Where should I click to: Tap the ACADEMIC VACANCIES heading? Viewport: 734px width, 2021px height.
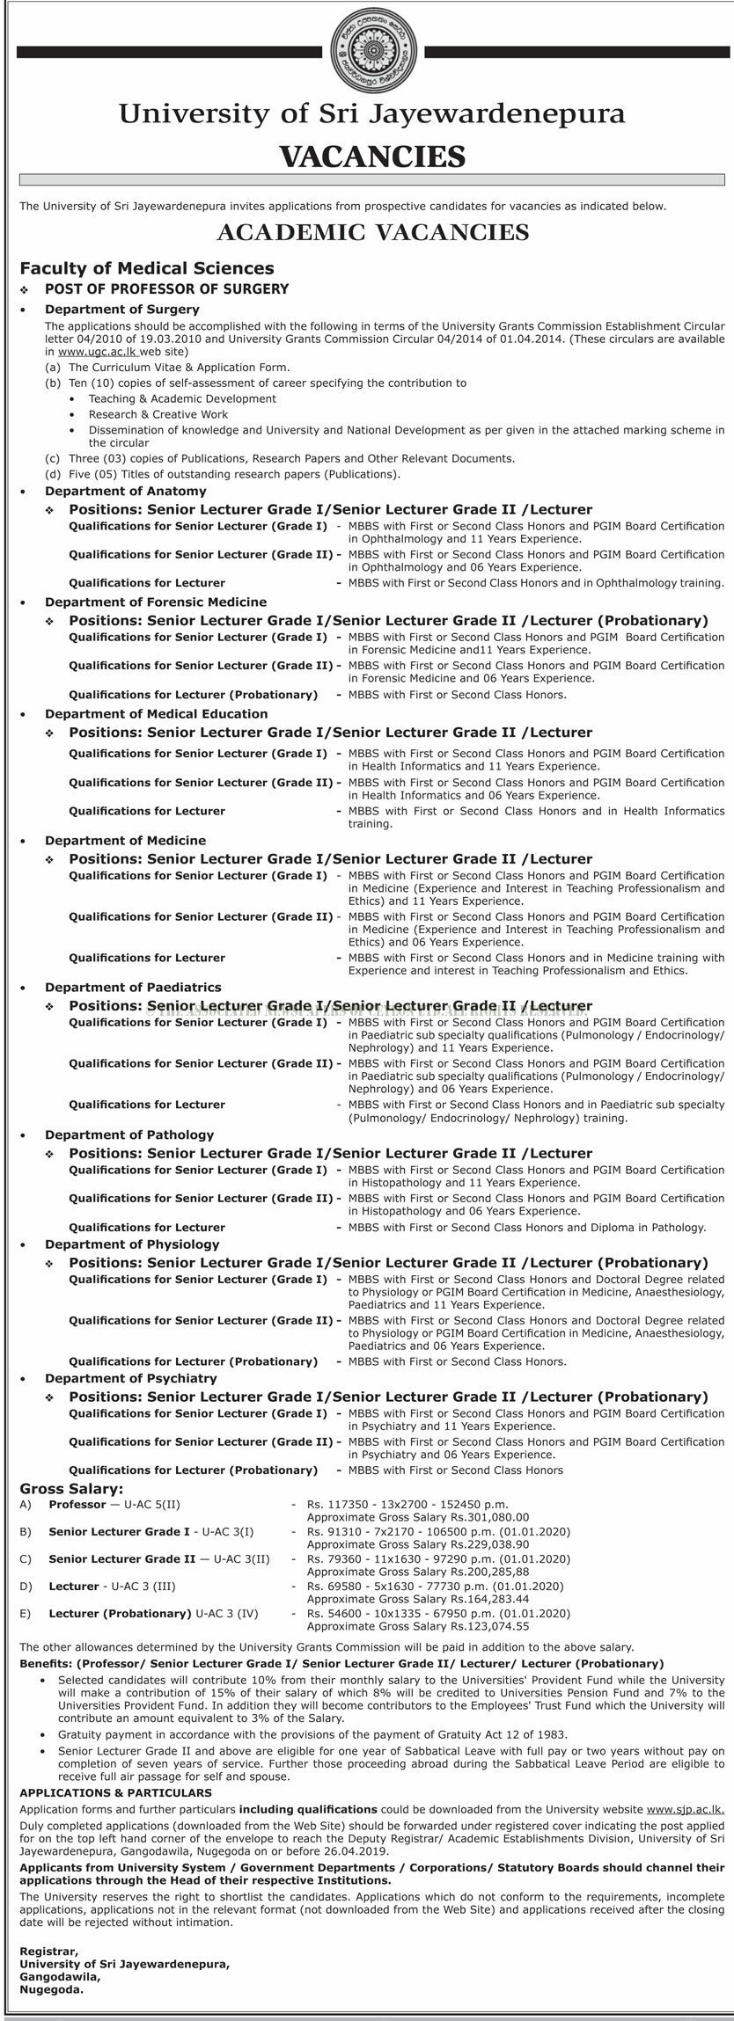coord(367,232)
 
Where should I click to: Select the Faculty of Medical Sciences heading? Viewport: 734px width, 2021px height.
coord(147,268)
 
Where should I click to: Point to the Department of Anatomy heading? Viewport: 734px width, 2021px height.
coord(126,491)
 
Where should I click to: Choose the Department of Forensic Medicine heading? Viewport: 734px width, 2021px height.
coord(156,602)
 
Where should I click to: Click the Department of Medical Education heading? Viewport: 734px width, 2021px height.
coord(157,713)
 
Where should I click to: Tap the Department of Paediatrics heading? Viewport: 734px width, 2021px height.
coord(133,987)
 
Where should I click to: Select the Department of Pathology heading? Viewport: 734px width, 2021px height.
coord(129,1135)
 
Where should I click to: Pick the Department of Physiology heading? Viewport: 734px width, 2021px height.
coord(132,1244)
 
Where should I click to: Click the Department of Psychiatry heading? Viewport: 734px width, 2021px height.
coord(131,1377)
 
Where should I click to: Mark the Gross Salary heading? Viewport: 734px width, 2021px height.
coord(72,1488)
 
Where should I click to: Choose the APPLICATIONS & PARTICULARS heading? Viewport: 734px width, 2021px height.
coord(115,1791)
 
